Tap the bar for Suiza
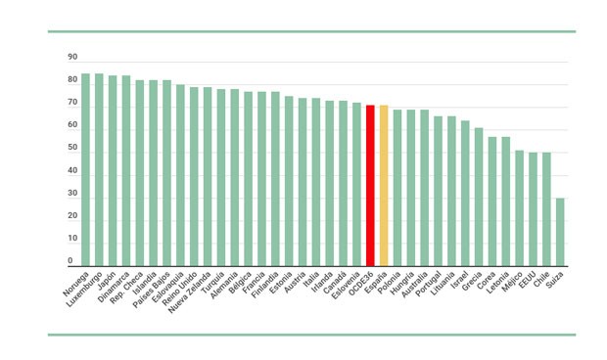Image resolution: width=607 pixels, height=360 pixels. point(559,232)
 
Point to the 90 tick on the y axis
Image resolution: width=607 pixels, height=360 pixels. point(72,56)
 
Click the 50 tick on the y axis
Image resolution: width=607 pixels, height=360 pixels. point(72,148)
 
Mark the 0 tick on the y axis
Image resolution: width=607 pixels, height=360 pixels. point(70,261)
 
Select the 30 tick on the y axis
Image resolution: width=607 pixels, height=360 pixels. point(72,193)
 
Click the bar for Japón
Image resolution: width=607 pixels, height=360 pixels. point(113,170)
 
